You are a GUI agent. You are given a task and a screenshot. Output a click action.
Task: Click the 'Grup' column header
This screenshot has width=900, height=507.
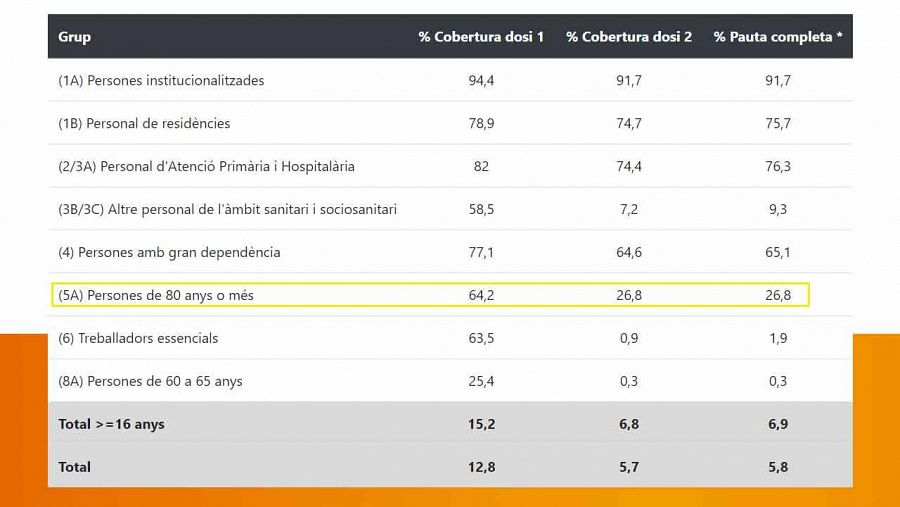point(74,37)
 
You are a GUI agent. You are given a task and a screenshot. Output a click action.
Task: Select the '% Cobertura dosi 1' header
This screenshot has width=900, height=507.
point(481,37)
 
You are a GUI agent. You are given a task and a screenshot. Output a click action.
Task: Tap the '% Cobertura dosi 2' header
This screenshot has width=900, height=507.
point(629,37)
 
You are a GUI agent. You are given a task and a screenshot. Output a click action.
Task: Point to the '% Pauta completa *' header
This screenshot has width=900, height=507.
point(778,37)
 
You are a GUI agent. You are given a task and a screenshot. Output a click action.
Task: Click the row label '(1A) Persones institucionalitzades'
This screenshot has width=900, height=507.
point(161,80)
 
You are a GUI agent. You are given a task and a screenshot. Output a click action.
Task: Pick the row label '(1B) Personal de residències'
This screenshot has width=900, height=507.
point(144,123)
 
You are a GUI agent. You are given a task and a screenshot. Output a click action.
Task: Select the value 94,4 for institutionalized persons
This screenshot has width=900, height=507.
point(481,80)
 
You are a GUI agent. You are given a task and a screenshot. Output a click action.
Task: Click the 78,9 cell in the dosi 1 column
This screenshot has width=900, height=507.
point(481,123)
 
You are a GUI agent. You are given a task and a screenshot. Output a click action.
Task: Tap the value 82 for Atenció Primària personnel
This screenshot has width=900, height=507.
point(481,166)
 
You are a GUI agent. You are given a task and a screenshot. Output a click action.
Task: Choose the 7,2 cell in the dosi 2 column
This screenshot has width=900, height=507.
point(629,209)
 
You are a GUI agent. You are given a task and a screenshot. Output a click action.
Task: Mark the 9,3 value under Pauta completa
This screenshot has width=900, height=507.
point(778,209)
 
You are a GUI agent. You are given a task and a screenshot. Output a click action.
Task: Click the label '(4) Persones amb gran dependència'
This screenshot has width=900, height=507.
point(169,252)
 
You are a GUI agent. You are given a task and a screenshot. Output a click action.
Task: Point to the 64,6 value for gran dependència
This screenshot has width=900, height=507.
point(629,252)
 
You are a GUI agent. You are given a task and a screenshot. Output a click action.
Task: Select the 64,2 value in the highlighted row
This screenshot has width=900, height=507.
point(481,295)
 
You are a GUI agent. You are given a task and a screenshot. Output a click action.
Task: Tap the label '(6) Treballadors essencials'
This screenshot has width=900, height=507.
point(138,338)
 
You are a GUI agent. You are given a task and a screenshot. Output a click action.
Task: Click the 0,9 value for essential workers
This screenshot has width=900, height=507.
point(629,338)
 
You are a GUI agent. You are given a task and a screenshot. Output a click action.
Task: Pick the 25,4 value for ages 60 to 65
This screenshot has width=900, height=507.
point(481,381)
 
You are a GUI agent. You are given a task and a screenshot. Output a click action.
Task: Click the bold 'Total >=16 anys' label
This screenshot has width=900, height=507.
point(111,424)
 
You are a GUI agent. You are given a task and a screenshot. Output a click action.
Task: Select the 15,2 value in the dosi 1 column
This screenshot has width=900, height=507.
point(481,424)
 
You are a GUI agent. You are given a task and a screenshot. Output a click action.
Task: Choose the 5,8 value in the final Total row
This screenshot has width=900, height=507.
point(778,467)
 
